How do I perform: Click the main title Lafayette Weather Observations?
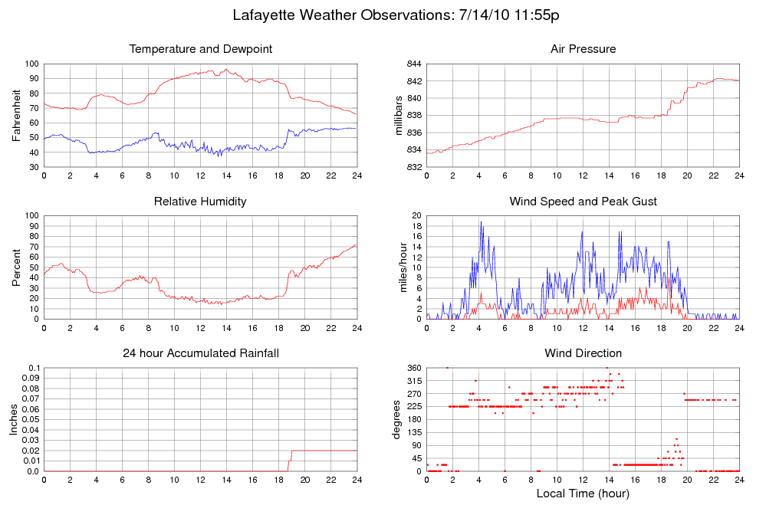click(x=400, y=15)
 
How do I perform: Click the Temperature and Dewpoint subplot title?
click(x=201, y=50)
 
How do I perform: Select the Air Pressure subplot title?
click(x=583, y=50)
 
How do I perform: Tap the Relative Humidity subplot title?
click(x=201, y=202)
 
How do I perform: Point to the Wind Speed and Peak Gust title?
click(x=583, y=202)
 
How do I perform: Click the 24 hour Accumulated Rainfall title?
click(x=201, y=353)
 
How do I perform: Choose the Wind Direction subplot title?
click(x=583, y=353)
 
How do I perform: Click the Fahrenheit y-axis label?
click(x=17, y=115)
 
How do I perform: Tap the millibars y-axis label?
click(x=398, y=115)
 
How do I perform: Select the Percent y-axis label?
click(x=17, y=267)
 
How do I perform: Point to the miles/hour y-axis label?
click(x=398, y=267)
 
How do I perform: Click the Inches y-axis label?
click(x=14, y=419)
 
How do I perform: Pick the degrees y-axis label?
click(x=397, y=419)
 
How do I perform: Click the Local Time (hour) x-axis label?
click(x=583, y=494)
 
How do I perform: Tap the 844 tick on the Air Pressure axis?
click(x=413, y=64)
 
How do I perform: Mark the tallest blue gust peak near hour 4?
click(x=481, y=222)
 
